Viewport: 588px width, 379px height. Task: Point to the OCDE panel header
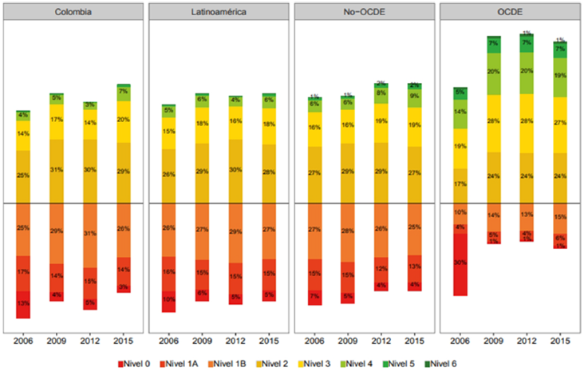click(510, 12)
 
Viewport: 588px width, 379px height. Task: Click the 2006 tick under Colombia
click(23, 338)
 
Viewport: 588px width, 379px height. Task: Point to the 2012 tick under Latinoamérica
click(235, 338)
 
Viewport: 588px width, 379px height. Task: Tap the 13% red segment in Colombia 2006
click(23, 304)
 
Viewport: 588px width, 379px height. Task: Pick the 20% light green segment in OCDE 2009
click(494, 72)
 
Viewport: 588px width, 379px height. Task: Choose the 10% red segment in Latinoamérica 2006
click(168, 300)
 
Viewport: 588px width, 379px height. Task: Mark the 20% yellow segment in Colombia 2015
click(123, 120)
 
